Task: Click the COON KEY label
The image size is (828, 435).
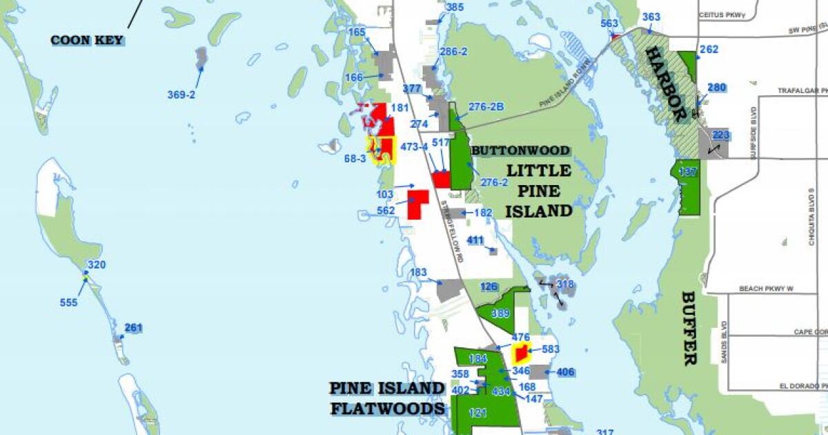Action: [88, 40]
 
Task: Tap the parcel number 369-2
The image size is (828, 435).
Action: [181, 95]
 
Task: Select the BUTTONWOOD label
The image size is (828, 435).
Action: [520, 151]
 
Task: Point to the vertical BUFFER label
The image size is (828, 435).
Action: [689, 328]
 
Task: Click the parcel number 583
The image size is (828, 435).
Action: [551, 349]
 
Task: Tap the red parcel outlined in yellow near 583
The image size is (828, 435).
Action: [521, 354]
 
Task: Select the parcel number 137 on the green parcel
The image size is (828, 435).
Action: [688, 172]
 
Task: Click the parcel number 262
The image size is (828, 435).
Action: [709, 50]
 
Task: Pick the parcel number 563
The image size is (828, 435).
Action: [609, 23]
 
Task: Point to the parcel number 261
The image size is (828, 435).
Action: [133, 327]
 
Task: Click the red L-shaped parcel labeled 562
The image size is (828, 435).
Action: [417, 204]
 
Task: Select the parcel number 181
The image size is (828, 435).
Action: [400, 108]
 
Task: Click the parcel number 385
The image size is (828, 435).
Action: [455, 8]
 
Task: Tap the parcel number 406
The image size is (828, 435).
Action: [565, 373]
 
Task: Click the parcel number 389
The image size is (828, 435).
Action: [501, 313]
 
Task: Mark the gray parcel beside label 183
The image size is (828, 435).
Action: [450, 290]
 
